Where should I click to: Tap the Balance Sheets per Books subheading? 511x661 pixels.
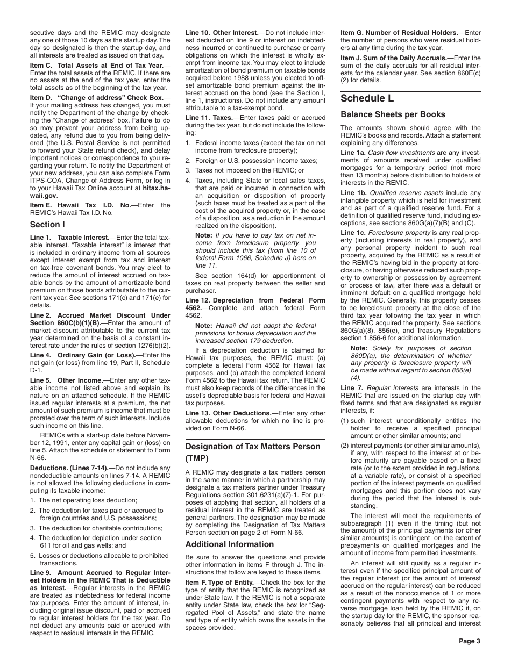click(x=393, y=114)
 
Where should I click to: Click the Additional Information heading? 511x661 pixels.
click(x=230, y=544)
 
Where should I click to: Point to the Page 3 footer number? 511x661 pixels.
click(x=469, y=641)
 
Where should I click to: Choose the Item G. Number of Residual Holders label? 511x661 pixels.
click(x=399, y=33)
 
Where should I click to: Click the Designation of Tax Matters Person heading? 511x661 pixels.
click(x=253, y=452)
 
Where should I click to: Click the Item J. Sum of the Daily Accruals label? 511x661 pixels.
click(x=394, y=58)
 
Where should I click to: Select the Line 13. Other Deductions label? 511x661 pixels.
click(x=221, y=398)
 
